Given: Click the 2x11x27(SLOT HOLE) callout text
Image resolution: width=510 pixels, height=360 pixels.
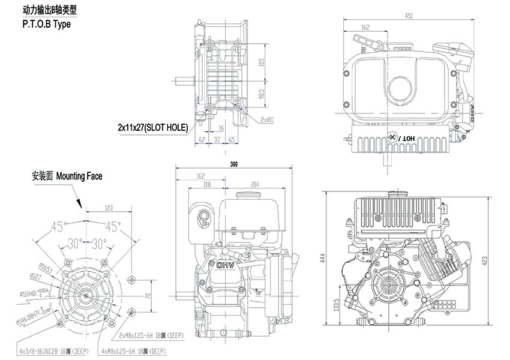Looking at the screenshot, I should (x=152, y=127).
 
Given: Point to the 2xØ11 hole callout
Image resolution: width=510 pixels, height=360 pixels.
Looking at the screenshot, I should (x=267, y=119).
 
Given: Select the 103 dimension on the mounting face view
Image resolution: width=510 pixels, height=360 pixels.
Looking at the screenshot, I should (x=109, y=208).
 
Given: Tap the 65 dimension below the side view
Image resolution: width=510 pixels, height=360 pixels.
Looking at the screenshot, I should (x=232, y=139).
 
